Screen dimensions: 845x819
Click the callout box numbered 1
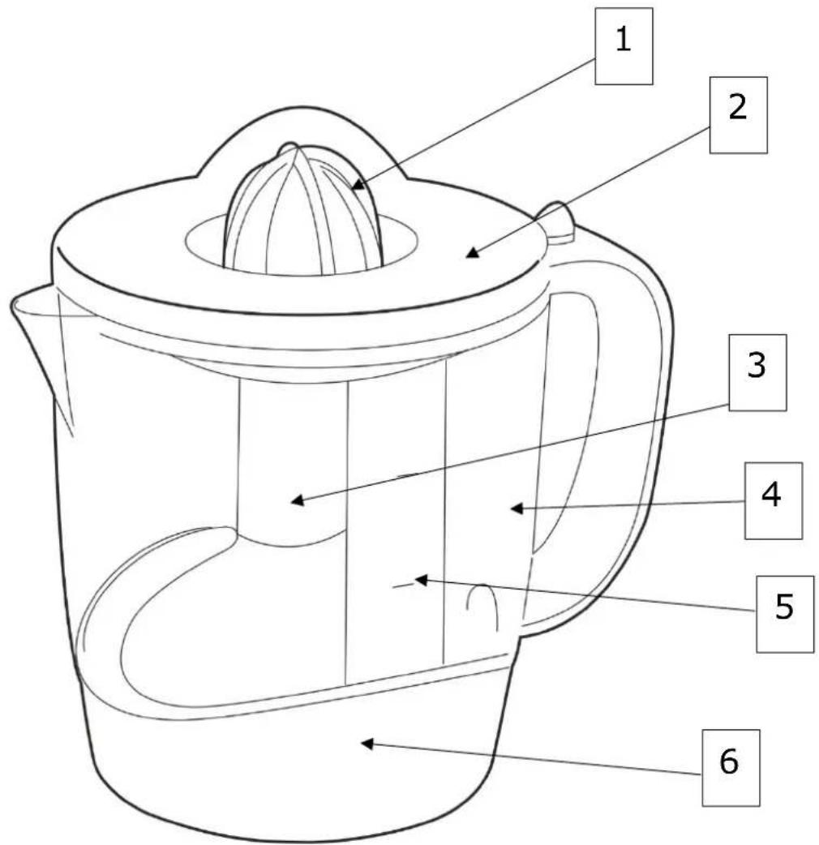pyautogui.click(x=624, y=45)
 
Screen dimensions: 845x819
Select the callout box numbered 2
pyautogui.click(x=738, y=114)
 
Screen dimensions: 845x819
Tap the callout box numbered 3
pyautogui.click(x=757, y=371)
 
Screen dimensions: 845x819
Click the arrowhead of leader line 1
pyautogui.click(x=354, y=190)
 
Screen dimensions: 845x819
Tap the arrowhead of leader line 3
pyautogui.click(x=294, y=502)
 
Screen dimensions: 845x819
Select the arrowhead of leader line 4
pyautogui.click(x=512, y=508)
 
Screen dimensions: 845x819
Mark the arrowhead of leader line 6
pyautogui.click(x=363, y=742)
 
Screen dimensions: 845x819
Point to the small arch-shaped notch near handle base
pyautogui.click(x=482, y=604)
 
